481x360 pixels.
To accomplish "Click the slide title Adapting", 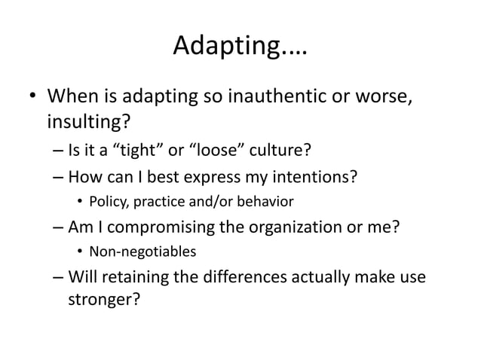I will [240, 48].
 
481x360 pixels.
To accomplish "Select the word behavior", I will [265, 201].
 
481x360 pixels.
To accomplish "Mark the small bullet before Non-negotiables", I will [81, 250].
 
